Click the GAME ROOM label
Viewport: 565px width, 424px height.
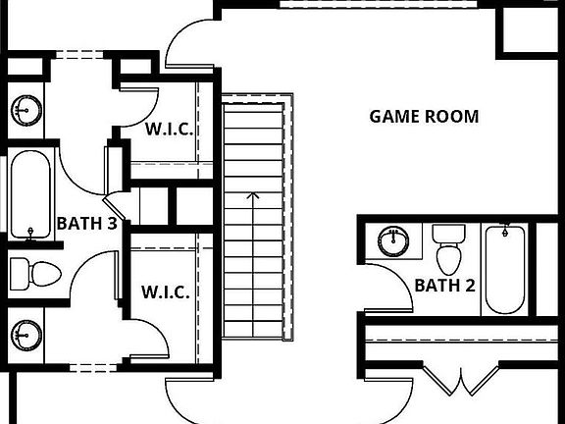(424, 117)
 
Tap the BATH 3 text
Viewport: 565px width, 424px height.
(87, 224)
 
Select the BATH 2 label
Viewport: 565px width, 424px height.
(445, 286)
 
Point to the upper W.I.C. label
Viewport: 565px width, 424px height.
(169, 129)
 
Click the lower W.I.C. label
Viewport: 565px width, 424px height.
(166, 291)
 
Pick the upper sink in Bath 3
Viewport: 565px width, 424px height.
(26, 110)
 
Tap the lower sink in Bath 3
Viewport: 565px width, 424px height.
(26, 336)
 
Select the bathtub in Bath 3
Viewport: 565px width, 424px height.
(30, 194)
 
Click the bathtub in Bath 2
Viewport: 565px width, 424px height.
(505, 270)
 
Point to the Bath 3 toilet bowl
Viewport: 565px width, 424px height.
(46, 274)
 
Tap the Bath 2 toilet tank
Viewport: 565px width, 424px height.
(448, 234)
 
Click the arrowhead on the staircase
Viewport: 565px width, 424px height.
(253, 195)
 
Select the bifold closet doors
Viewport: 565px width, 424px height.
(460, 382)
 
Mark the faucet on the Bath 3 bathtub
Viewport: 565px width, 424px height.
(30, 233)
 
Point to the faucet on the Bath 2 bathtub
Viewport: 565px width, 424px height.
(505, 230)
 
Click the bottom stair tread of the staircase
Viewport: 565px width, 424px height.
(253, 330)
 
